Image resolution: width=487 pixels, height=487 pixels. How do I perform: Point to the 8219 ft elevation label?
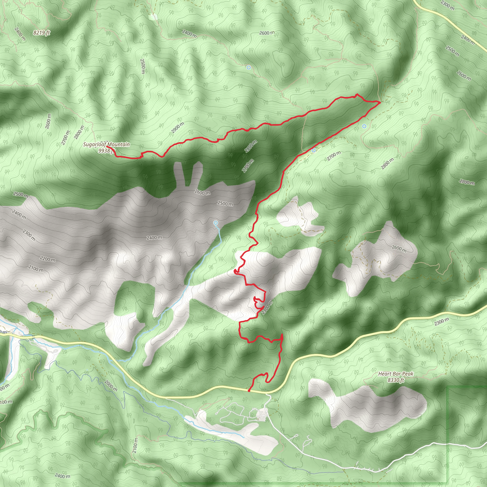coord(42,33)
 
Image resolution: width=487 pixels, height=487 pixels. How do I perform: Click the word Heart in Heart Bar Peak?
coord(385,374)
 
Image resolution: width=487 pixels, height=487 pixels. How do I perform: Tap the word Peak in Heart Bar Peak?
coord(408,374)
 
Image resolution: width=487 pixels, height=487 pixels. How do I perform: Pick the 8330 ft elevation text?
coord(396,380)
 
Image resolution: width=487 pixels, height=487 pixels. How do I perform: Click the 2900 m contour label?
coord(178,127)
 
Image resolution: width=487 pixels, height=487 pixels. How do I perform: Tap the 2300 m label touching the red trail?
coord(267,308)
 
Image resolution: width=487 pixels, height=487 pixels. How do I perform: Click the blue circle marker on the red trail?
coord(314,150)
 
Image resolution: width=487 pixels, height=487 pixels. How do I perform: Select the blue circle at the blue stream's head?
coord(215,223)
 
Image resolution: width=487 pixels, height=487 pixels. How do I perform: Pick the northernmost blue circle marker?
coord(248,68)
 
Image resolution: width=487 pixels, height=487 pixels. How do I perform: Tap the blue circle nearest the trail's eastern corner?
coord(364,126)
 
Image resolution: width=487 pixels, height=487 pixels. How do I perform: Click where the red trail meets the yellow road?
coord(249,391)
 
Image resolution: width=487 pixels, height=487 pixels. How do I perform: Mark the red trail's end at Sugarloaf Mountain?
coord(107,146)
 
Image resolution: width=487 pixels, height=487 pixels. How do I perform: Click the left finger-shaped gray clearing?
coord(181,173)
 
